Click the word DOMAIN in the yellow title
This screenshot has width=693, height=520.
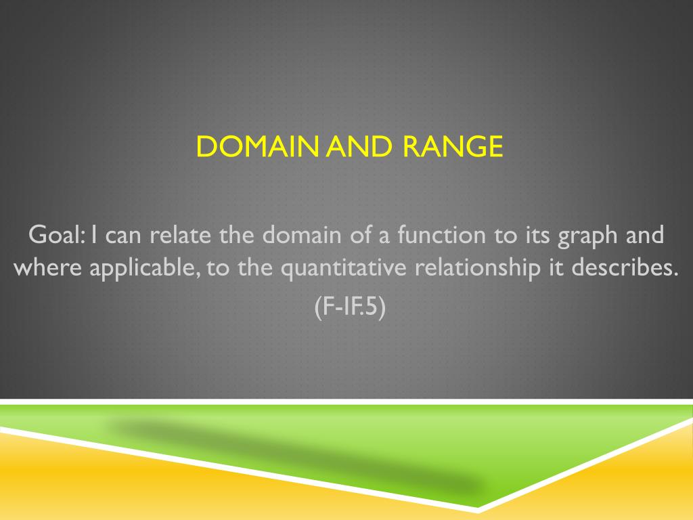coord(257,146)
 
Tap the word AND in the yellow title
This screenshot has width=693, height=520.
coord(359,146)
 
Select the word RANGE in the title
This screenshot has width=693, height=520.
coord(453,146)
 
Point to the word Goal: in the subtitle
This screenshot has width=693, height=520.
coord(57,234)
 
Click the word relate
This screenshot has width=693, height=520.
coord(180,234)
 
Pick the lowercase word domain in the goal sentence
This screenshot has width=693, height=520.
coord(302,234)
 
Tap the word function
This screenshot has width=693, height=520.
coord(441,234)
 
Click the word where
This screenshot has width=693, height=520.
coord(48,267)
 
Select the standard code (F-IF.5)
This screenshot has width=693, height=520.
coord(350,307)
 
